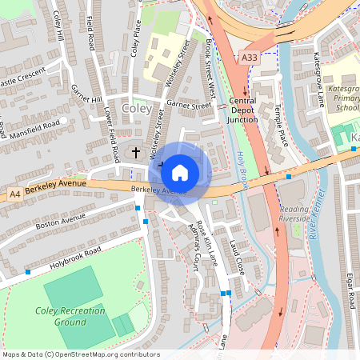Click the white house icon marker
point(180,172)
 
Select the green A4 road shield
point(14,194)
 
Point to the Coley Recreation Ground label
point(61,316)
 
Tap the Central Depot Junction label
point(242,110)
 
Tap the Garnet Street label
point(190,105)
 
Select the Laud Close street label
point(236,257)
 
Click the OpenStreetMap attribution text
point(80,354)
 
